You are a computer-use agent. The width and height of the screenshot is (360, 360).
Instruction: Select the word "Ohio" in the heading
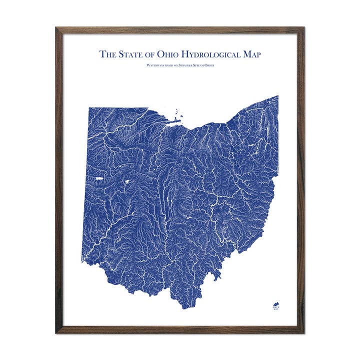tap(175, 54)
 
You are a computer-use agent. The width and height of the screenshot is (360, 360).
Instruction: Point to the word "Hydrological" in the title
tap(218, 54)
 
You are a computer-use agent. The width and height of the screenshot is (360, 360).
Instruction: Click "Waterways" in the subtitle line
tap(155, 65)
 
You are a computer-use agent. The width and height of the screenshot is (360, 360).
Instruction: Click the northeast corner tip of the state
tap(277, 96)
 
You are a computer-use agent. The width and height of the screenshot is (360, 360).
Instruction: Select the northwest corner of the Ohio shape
tap(90, 108)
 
